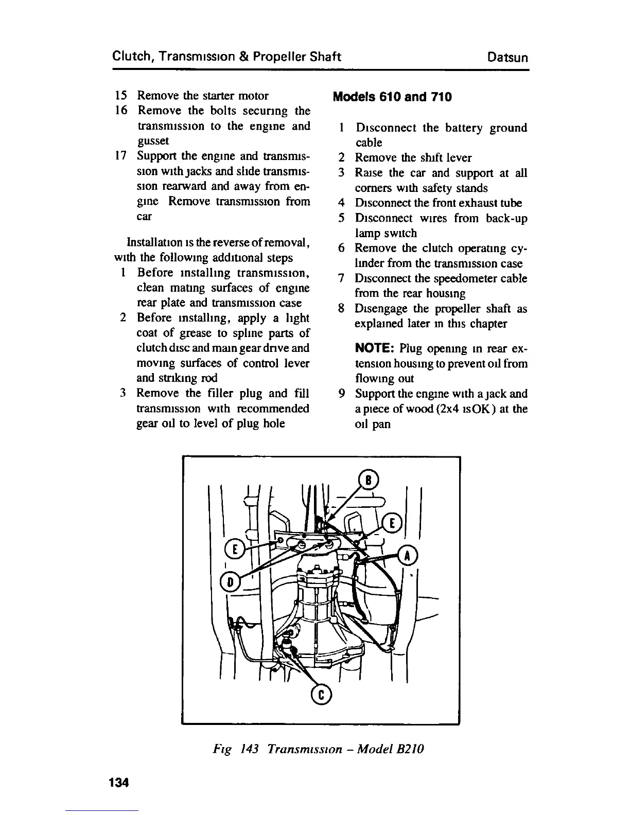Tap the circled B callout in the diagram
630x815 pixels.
tap(369, 480)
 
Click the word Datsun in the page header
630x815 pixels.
tap(507, 57)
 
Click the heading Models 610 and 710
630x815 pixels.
tap(393, 97)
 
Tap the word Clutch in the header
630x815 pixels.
tap(129, 56)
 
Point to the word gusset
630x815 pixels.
tap(153, 141)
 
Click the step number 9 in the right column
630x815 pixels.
tap(342, 394)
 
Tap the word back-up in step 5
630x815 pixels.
tap(506, 218)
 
